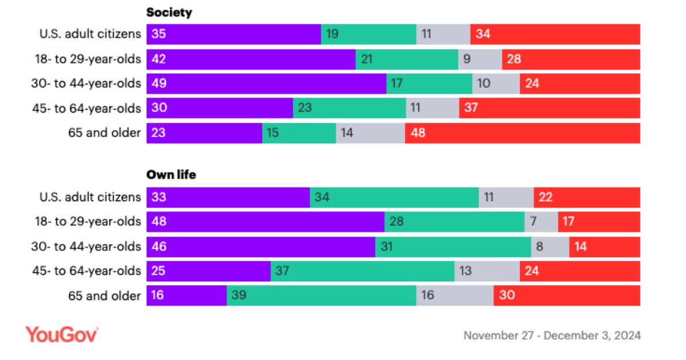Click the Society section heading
coord(169,13)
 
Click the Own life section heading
coord(171,175)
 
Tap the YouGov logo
coord(62,335)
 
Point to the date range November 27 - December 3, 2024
coord(552,335)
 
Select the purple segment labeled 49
coord(266,83)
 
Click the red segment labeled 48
coord(523,133)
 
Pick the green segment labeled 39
coord(321,295)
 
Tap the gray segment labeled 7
coord(541,222)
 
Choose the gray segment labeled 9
coord(480,59)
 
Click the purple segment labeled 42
coord(251,59)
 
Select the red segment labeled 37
coord(549,108)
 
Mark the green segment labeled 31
coord(453,246)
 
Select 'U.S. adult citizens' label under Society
coord(90,34)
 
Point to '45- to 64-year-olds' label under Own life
coord(86,271)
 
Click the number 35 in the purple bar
coord(159,34)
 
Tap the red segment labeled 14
coord(605,246)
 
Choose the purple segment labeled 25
coord(209,271)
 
